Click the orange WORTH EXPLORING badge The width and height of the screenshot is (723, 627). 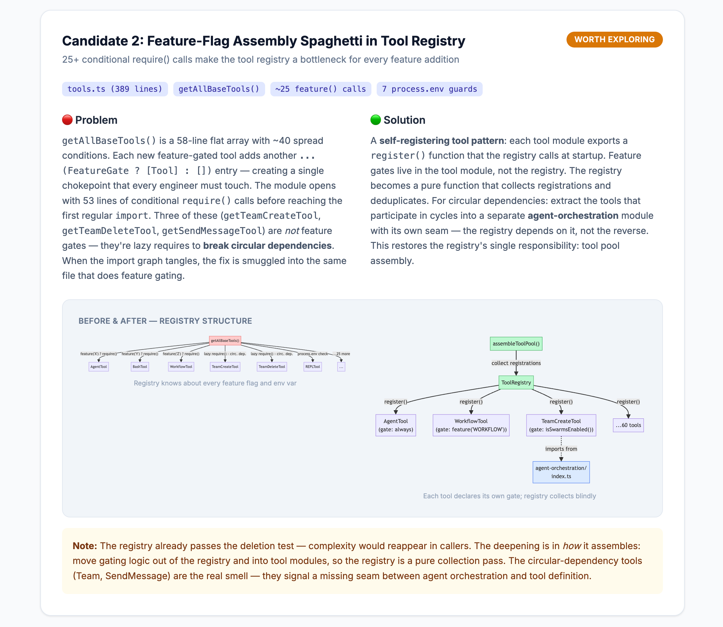pos(614,40)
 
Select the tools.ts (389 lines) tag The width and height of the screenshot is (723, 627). pos(115,89)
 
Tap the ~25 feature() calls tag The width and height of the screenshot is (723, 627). pos(321,89)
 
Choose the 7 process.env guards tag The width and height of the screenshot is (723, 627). pos(430,89)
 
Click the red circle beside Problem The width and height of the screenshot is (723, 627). pos(67,120)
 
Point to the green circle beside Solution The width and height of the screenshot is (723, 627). pos(375,120)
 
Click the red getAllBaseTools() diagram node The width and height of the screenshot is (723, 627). pos(225,341)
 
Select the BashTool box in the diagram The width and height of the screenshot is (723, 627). pos(140,367)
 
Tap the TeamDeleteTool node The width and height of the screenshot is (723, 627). pos(272,367)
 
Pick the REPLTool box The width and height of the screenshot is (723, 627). pos(313,367)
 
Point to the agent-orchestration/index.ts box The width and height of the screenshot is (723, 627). pos(561,472)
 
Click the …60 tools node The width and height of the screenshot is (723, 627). pos(628,425)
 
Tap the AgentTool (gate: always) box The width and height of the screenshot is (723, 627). pos(396,425)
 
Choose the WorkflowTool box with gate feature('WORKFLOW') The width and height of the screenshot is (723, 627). pos(471,425)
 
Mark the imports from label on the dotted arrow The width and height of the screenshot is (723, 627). pos(561,449)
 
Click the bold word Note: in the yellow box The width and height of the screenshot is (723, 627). pos(85,546)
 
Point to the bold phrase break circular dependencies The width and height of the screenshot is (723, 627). pos(267,246)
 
